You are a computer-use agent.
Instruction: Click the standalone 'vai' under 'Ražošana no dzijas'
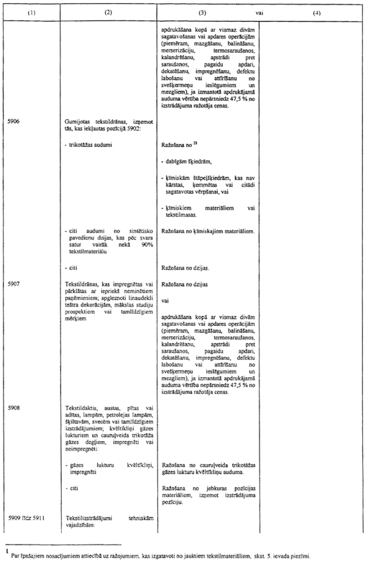pos(165,301)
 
